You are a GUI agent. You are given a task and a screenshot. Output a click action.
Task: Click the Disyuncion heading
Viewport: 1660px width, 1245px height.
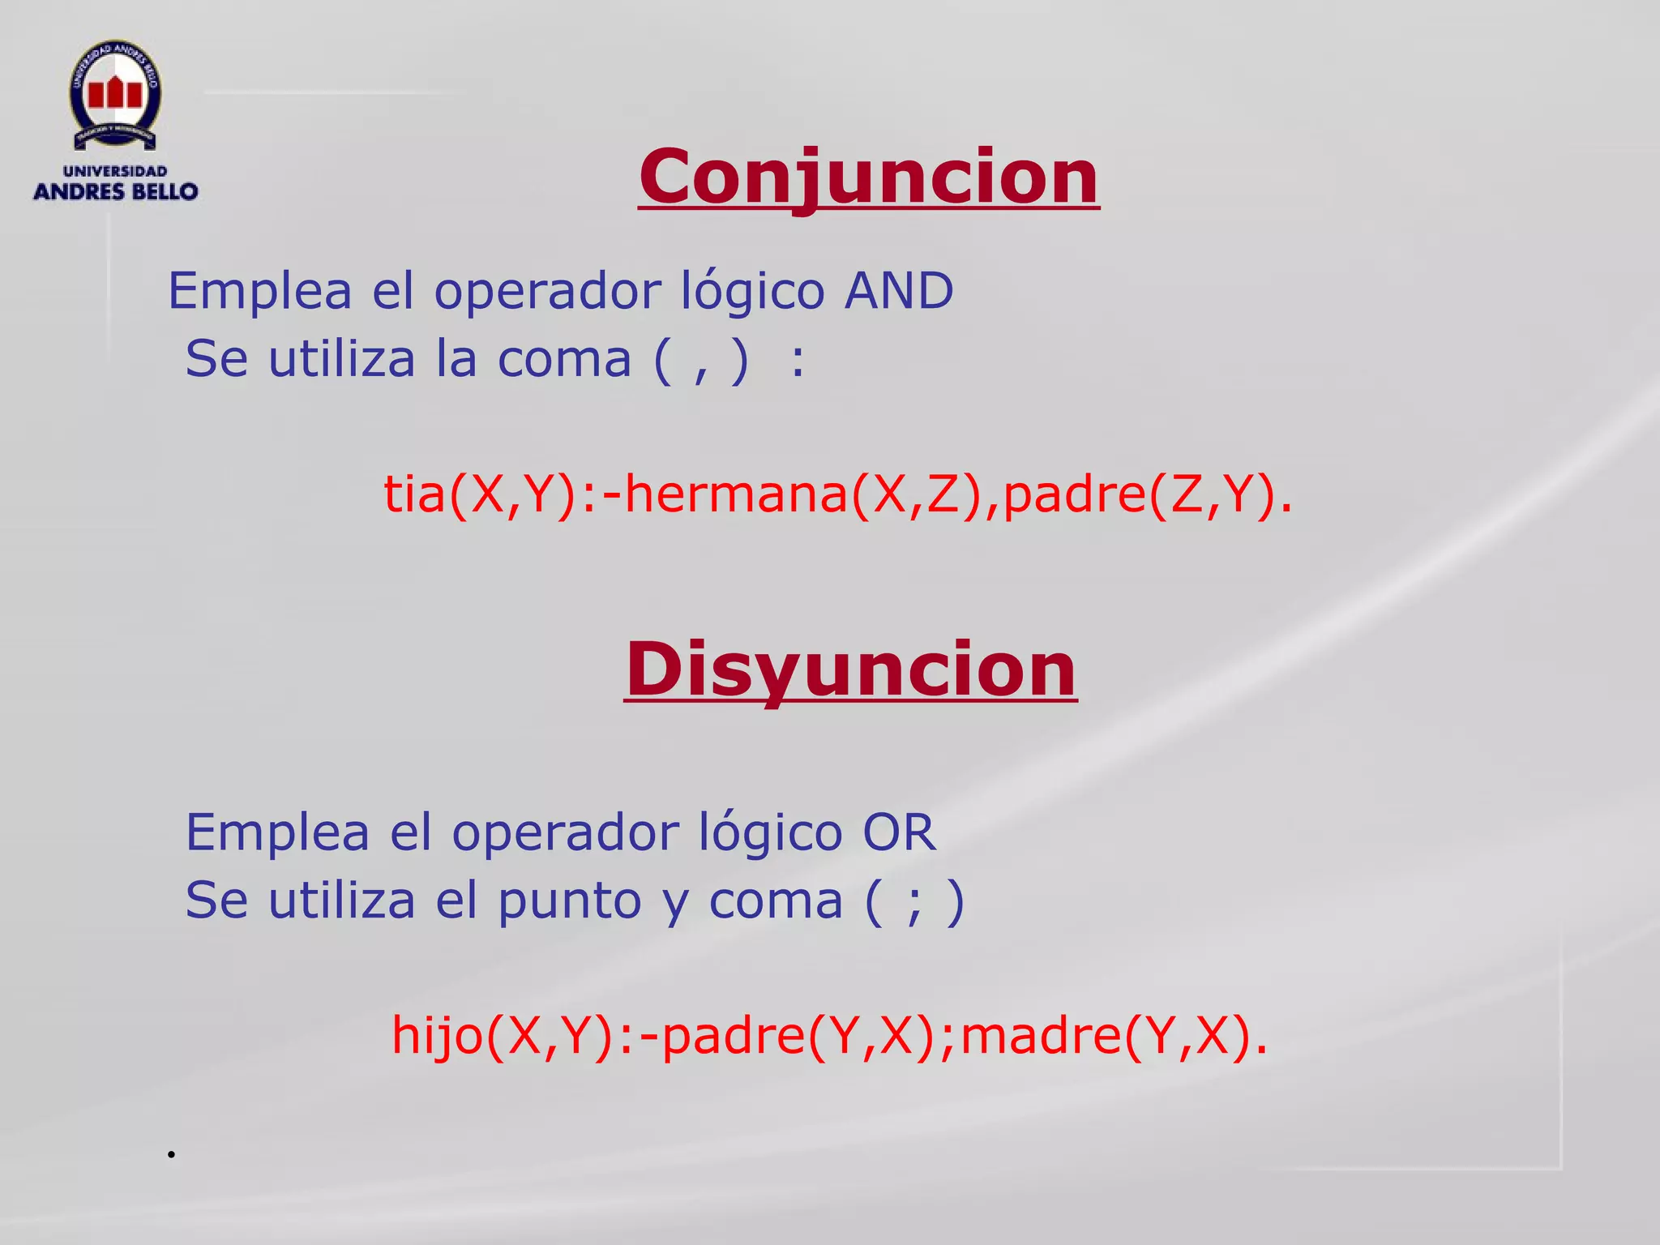850,670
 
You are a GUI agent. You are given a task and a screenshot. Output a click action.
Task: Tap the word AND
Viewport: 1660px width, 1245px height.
899,291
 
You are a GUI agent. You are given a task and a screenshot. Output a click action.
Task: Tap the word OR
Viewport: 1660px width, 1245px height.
899,832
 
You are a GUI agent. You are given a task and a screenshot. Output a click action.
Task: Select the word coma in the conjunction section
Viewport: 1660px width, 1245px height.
564,360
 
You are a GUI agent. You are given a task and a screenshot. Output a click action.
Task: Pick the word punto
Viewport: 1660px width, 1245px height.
569,901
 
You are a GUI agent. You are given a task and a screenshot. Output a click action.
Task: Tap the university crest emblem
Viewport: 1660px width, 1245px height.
115,95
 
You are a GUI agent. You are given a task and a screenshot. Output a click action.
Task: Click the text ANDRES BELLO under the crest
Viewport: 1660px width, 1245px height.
116,192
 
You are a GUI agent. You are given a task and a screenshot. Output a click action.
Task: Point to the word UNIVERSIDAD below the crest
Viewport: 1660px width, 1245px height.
115,171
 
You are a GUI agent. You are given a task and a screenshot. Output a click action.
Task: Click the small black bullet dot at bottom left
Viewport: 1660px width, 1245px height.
172,1154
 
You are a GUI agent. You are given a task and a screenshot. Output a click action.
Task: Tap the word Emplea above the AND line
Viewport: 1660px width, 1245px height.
260,291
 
